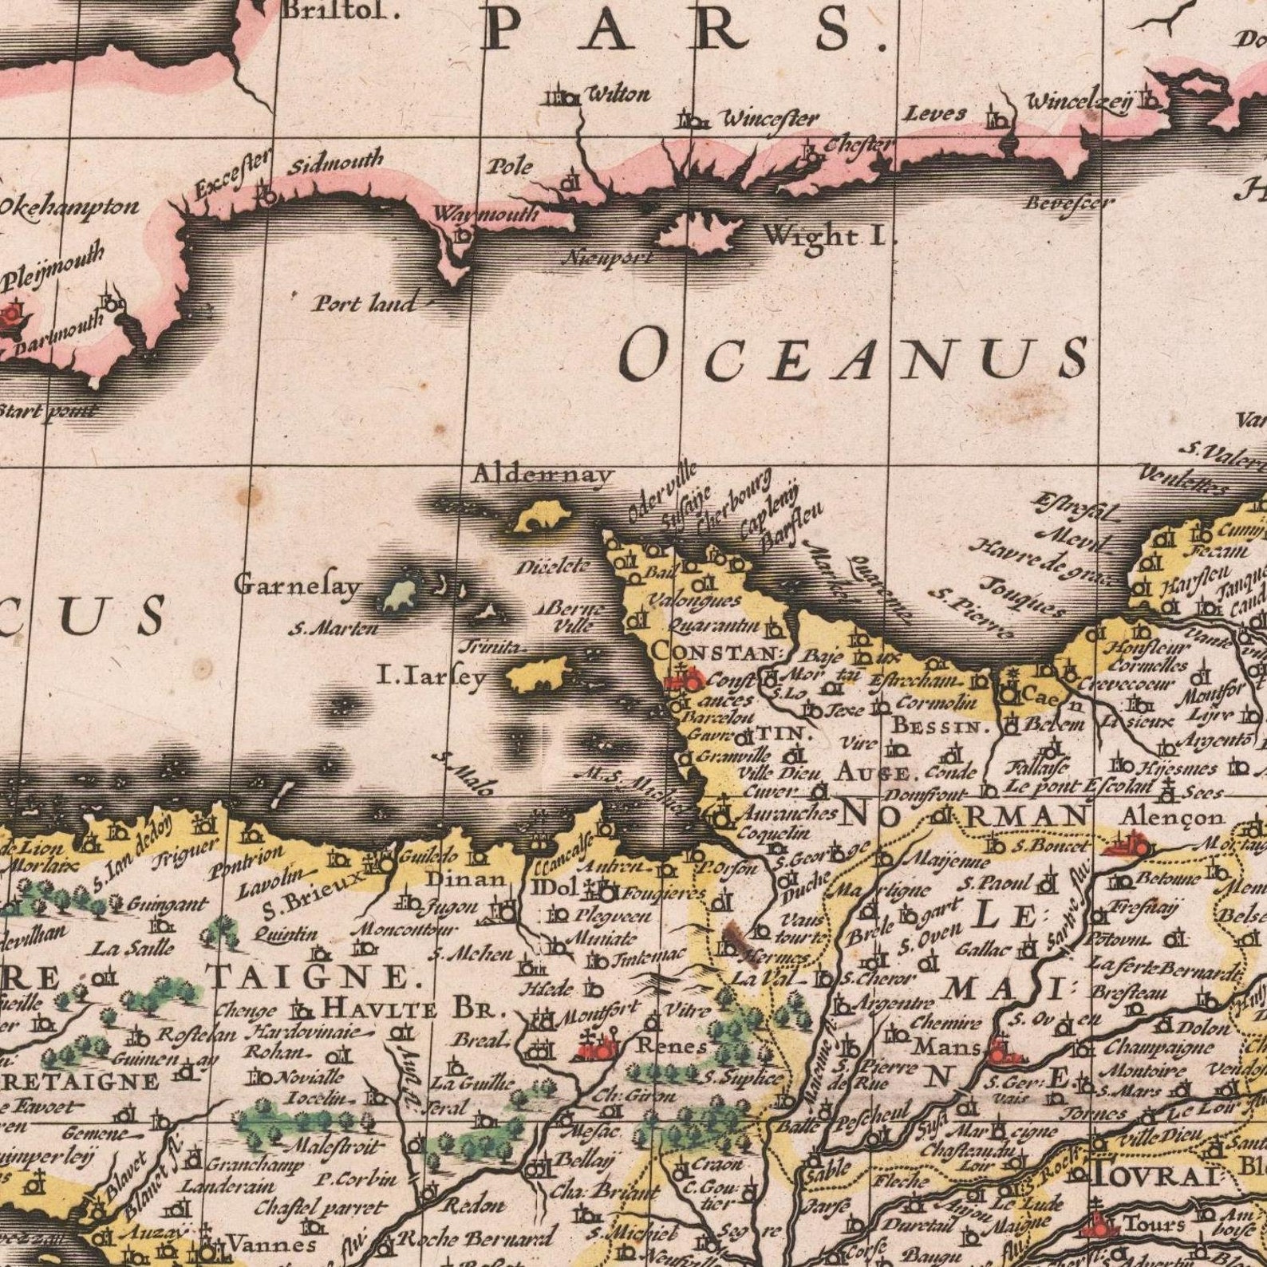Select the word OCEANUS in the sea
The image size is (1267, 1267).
coord(855,357)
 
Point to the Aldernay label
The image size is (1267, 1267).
coord(543,475)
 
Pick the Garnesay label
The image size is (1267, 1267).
coord(297,586)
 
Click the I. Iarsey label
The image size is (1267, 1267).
coord(431,677)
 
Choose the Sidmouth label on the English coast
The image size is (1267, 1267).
coord(335,162)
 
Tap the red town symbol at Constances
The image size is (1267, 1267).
coord(685,680)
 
